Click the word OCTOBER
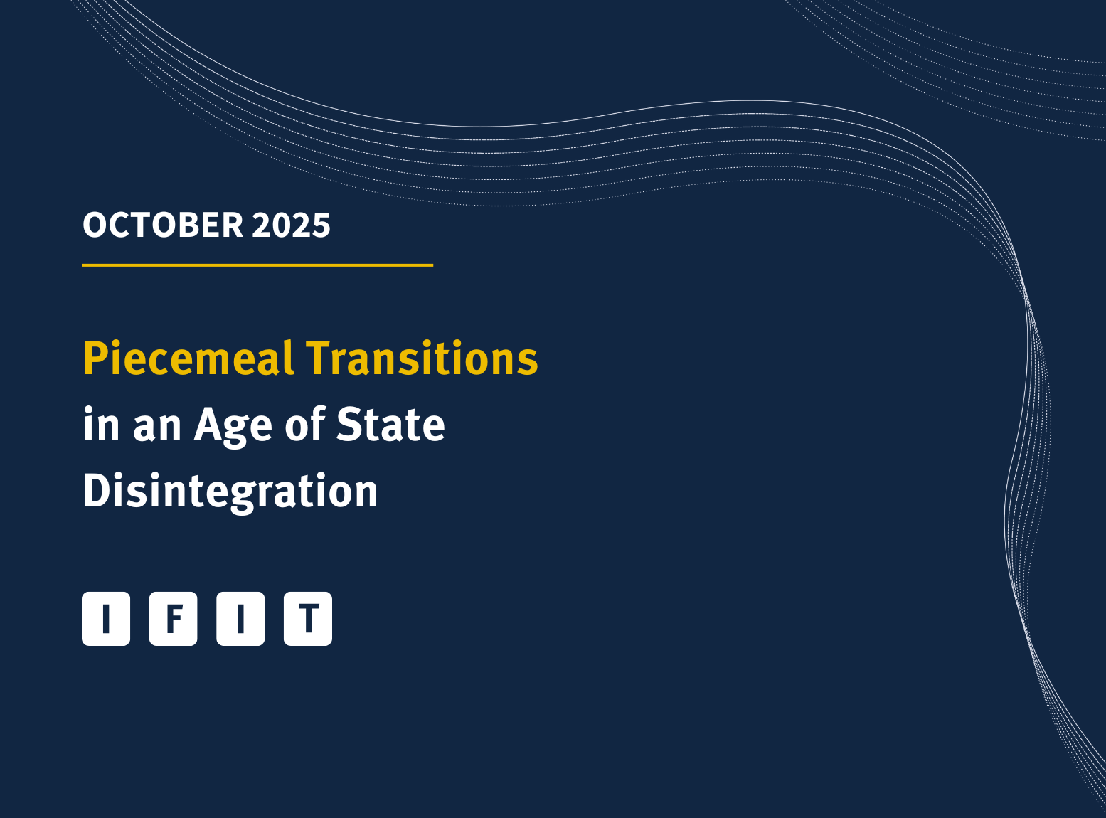[163, 225]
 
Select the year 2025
[291, 225]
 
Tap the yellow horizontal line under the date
[257, 265]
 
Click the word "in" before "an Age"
[100, 424]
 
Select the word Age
[233, 425]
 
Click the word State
[390, 424]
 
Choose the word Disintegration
[230, 491]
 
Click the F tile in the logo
[173, 619]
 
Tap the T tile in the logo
[308, 619]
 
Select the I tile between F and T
[240, 619]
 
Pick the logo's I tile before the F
[106, 619]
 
